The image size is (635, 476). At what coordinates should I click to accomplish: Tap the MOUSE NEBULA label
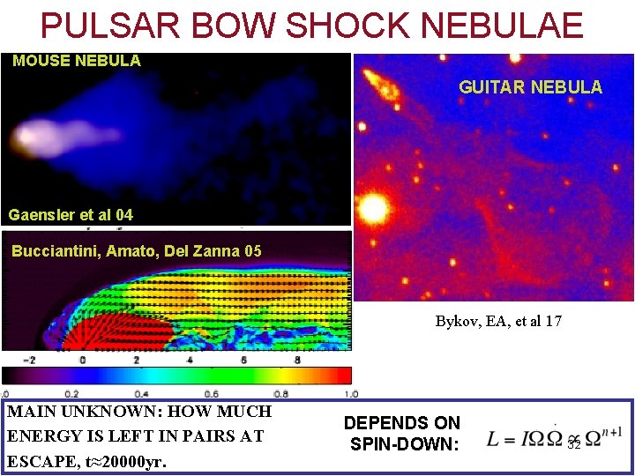tap(77, 61)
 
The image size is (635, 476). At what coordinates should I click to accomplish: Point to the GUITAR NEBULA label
tap(530, 87)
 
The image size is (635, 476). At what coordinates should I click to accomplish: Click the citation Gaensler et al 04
tap(71, 214)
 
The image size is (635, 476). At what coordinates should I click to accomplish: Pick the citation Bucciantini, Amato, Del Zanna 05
tap(137, 251)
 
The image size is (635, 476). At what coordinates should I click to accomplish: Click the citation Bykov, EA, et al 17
tap(498, 321)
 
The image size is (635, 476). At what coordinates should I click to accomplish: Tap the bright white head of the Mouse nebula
tap(26, 137)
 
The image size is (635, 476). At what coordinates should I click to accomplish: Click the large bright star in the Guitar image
tap(374, 209)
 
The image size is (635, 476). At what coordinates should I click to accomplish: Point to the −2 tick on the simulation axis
tap(29, 360)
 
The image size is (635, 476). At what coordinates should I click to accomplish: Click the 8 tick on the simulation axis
tap(297, 360)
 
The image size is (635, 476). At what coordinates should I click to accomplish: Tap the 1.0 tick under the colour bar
tap(350, 394)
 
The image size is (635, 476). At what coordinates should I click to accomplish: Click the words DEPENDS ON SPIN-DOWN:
tap(402, 434)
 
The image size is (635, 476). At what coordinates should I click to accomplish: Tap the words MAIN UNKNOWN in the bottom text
tap(66, 412)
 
